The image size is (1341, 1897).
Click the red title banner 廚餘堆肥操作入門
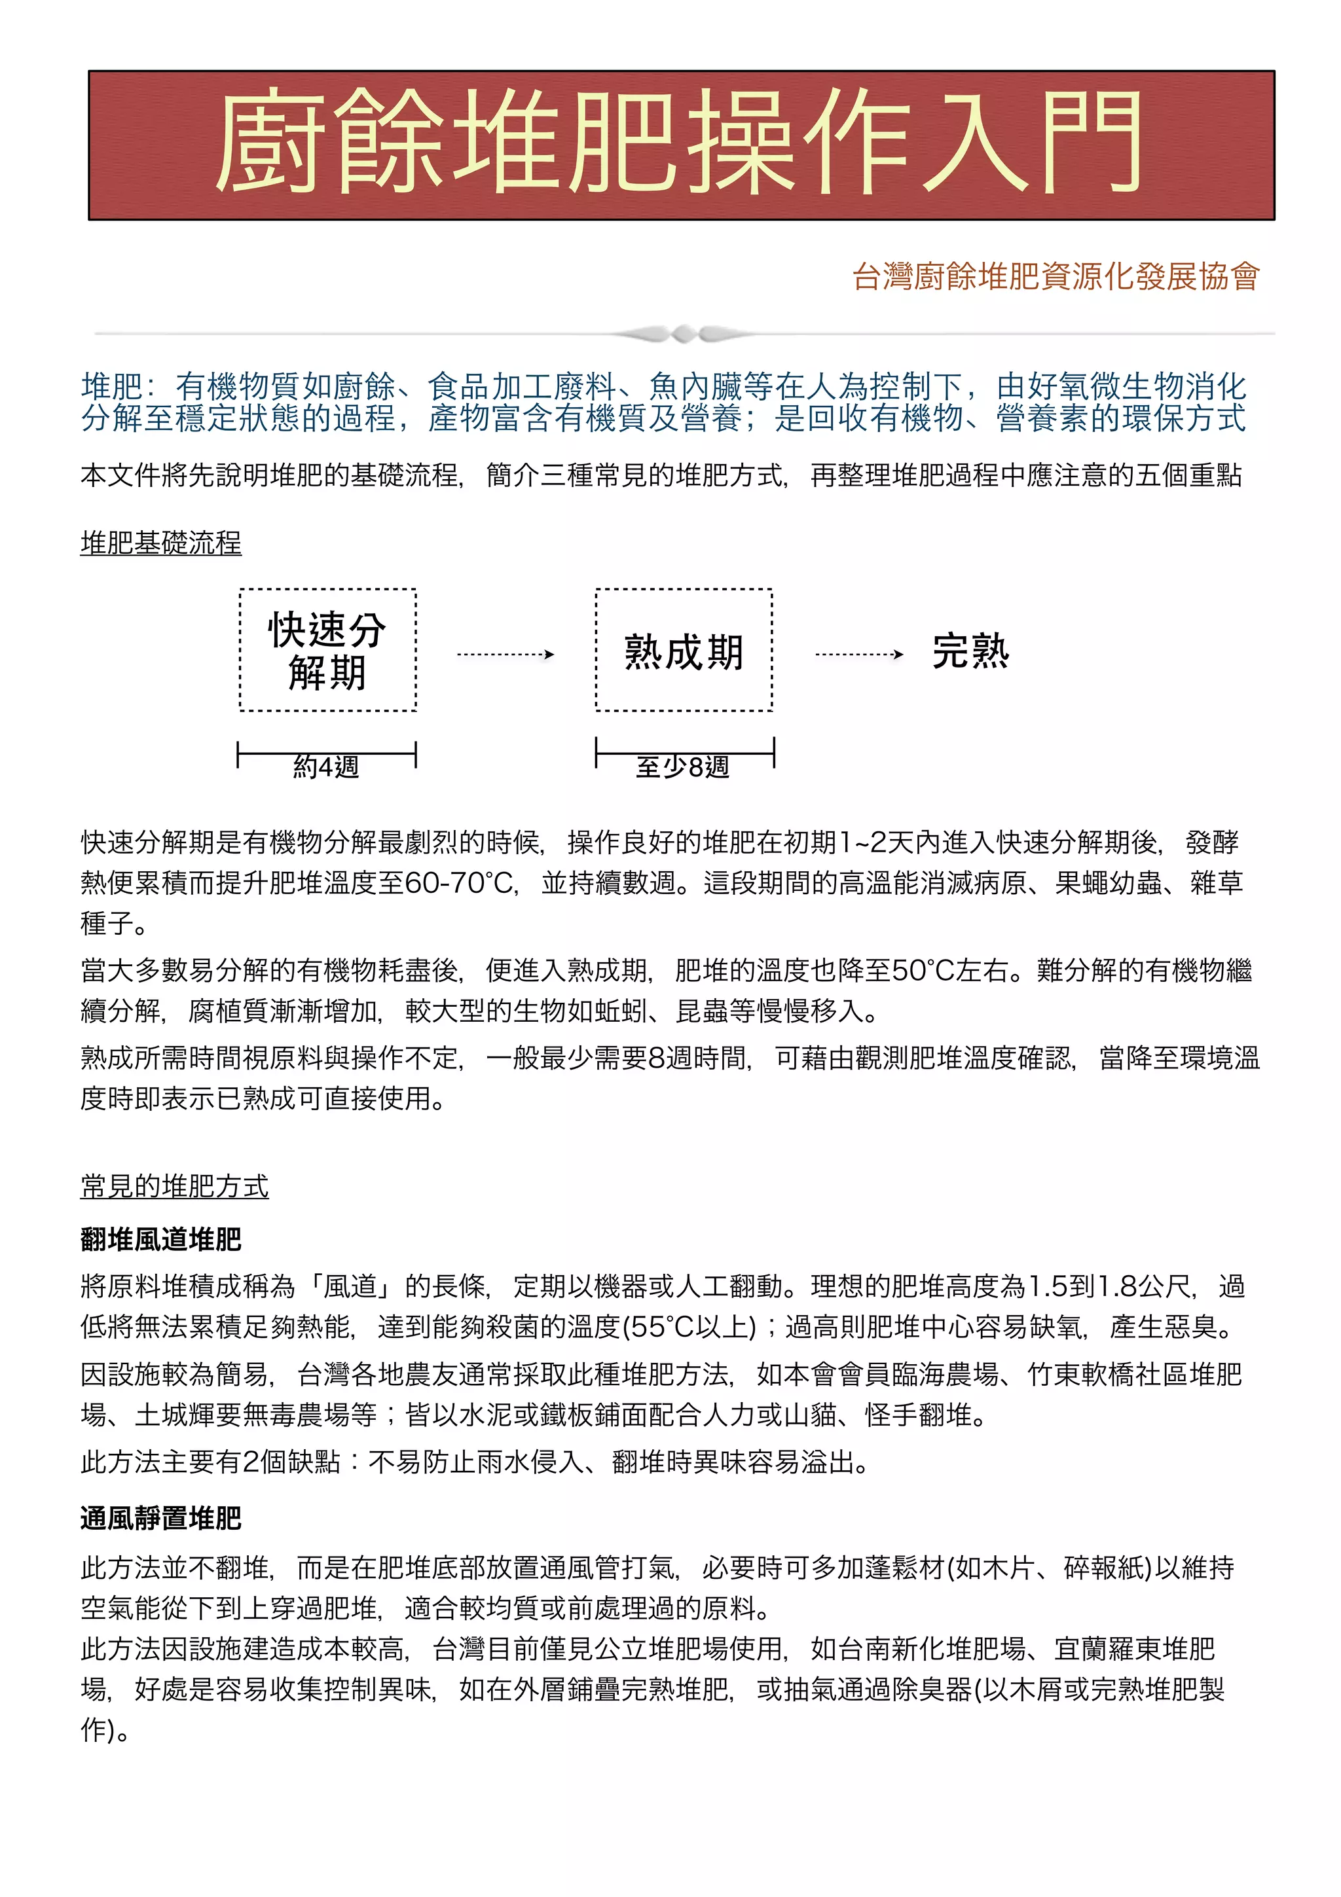pyautogui.click(x=680, y=145)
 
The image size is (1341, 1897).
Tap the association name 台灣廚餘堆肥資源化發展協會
pyautogui.click(x=1055, y=276)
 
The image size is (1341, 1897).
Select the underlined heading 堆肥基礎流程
pyautogui.click(x=160, y=543)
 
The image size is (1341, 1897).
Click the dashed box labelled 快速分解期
pyautogui.click(x=327, y=650)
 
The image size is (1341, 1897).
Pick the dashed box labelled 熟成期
pyautogui.click(x=684, y=650)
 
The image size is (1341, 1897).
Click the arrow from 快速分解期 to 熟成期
pyautogui.click(x=505, y=655)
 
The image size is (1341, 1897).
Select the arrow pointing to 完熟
pyautogui.click(x=858, y=655)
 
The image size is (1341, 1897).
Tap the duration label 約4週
pyautogui.click(x=326, y=767)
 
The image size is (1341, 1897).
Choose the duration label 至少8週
pyautogui.click(x=684, y=767)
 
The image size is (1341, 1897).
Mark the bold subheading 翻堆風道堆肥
pyautogui.click(x=160, y=1239)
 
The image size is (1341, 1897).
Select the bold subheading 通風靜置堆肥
pyautogui.click(x=160, y=1519)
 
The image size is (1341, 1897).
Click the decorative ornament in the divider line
pyautogui.click(x=684, y=334)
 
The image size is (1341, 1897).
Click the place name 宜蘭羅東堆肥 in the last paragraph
pyautogui.click(x=1133, y=1649)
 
